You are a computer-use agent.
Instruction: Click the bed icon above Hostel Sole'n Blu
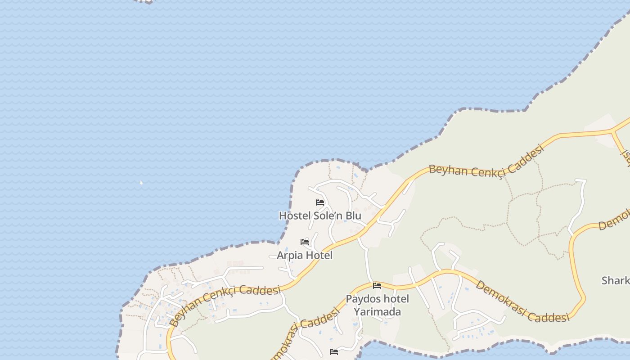320,202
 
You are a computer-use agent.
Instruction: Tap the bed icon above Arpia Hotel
305,242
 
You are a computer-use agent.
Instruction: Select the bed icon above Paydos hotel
377,285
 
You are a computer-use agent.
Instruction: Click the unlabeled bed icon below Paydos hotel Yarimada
334,352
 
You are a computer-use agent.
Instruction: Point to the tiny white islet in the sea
141,183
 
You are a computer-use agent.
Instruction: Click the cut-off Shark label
616,281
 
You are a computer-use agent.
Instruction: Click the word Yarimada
377,311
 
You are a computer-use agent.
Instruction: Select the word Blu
353,216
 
